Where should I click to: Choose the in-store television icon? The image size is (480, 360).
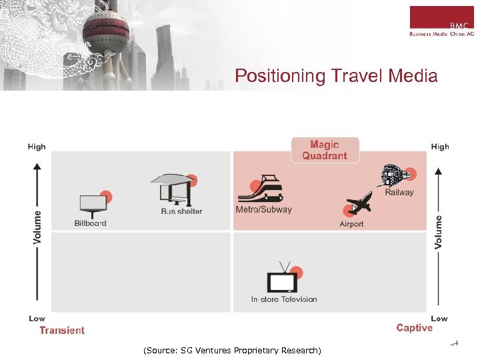pyautogui.click(x=283, y=281)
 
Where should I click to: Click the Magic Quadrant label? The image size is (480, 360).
pyautogui.click(x=325, y=150)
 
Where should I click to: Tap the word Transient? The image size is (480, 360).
pyautogui.click(x=62, y=330)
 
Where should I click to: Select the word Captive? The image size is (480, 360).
pyautogui.click(x=414, y=327)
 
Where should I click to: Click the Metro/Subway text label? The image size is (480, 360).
pyautogui.click(x=263, y=209)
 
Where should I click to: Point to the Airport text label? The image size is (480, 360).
pyautogui.click(x=351, y=224)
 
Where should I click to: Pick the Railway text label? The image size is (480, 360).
pyautogui.click(x=399, y=193)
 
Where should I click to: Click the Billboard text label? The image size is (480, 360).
pyautogui.click(x=90, y=223)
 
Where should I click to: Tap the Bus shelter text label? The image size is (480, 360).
pyautogui.click(x=181, y=211)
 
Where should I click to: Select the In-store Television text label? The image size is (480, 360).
pyautogui.click(x=284, y=299)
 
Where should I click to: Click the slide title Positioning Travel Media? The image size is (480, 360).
pyautogui.click(x=336, y=76)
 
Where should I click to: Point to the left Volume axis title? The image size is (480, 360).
pyautogui.click(x=37, y=227)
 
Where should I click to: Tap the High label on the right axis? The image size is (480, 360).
pyautogui.click(x=440, y=147)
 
